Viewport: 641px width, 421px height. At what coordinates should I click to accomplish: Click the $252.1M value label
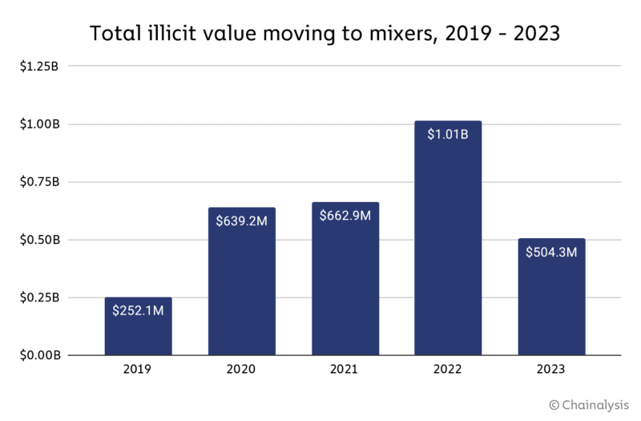(138, 310)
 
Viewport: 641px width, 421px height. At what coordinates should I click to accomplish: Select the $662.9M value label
(345, 216)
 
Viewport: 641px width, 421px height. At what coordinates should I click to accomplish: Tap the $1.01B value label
(448, 134)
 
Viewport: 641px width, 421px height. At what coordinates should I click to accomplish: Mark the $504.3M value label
(551, 252)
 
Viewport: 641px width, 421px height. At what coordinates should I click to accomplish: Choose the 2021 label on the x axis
(345, 370)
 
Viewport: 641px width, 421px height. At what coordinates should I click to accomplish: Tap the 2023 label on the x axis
(551, 370)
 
